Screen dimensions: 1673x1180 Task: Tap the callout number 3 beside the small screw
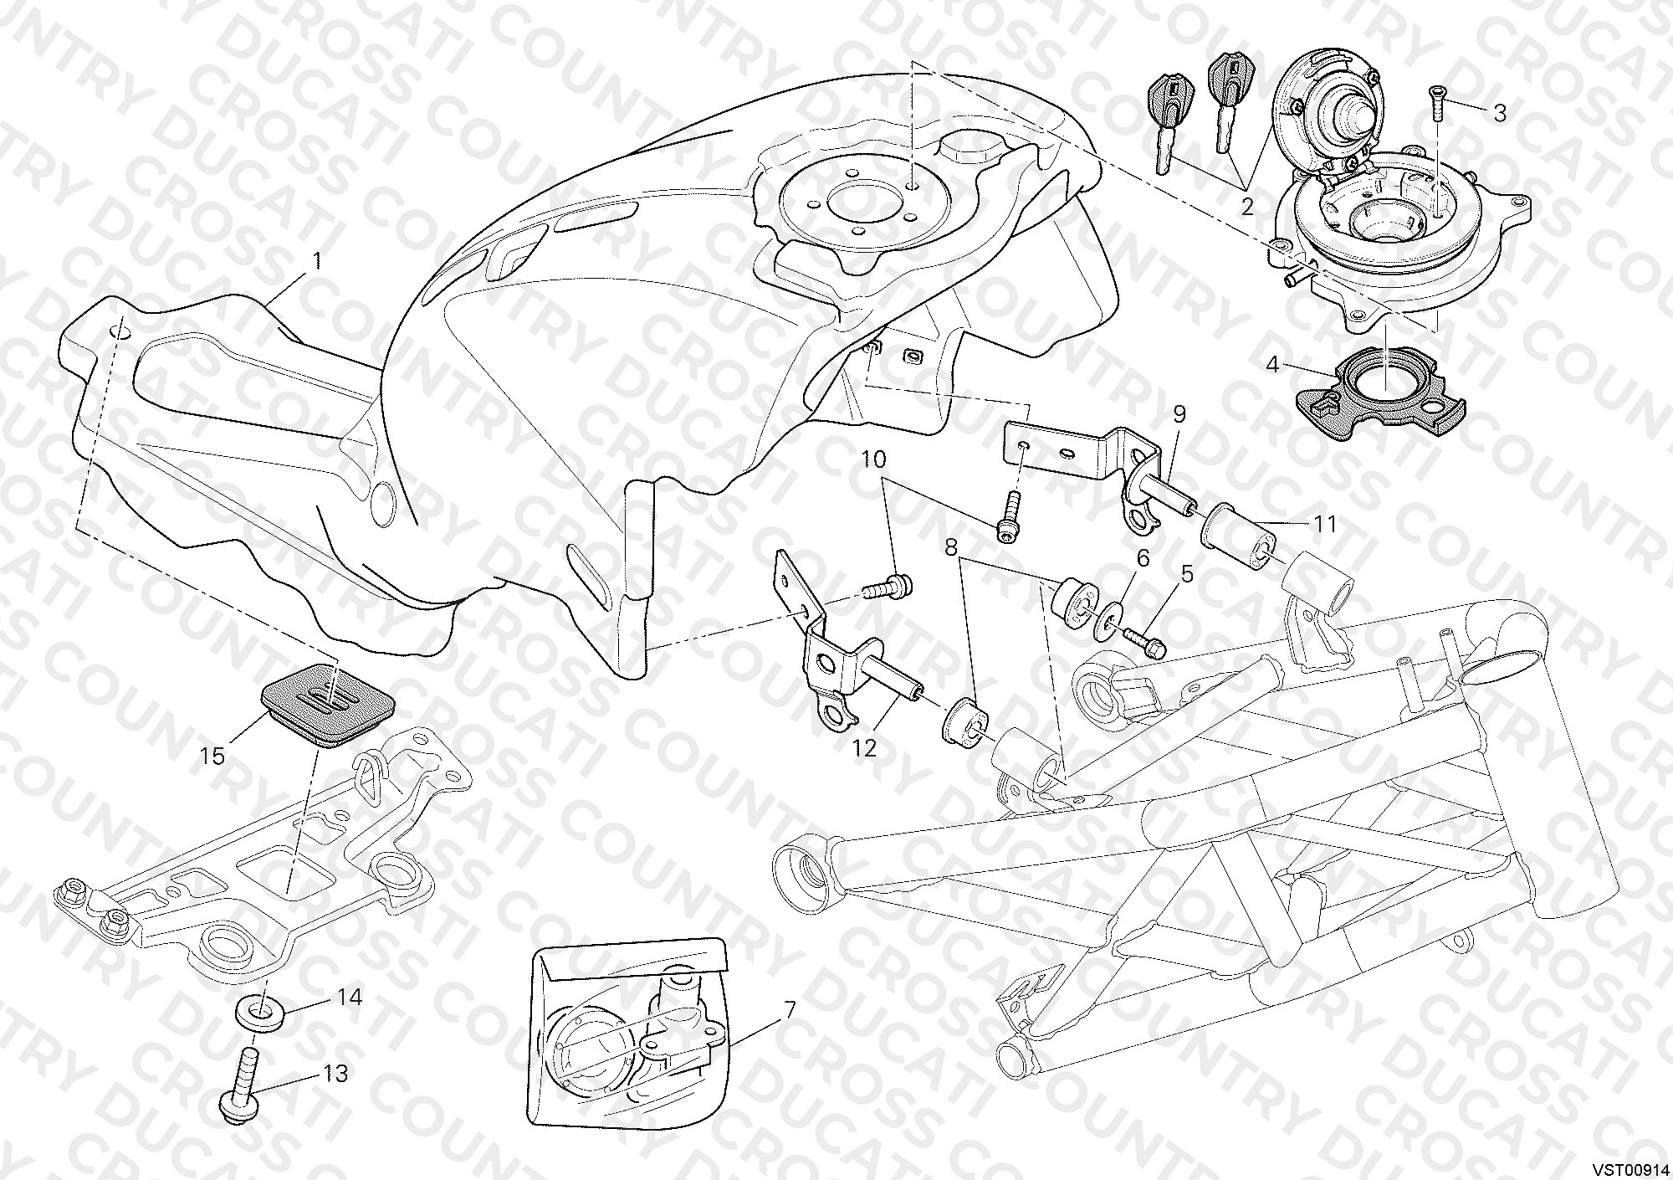pyautogui.click(x=1499, y=113)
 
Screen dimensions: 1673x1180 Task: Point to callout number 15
pyautogui.click(x=212, y=756)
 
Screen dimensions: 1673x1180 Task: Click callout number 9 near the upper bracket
pyautogui.click(x=1179, y=413)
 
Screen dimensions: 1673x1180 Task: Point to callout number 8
pyautogui.click(x=951, y=548)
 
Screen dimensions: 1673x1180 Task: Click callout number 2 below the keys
pyautogui.click(x=1247, y=206)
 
